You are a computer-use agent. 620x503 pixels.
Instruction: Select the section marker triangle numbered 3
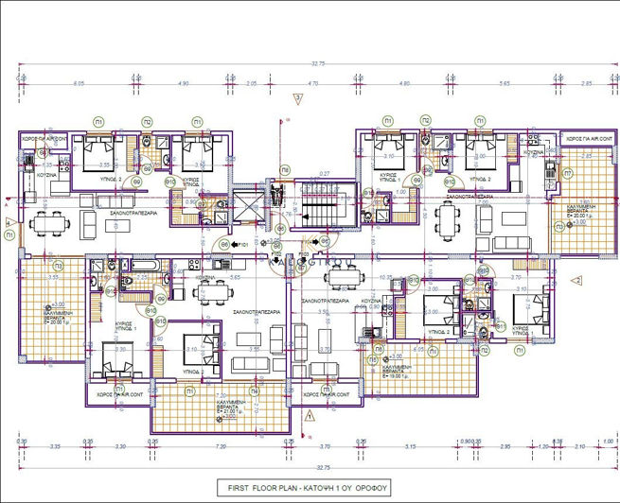(297, 97)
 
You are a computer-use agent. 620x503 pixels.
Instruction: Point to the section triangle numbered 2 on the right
(576, 280)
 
